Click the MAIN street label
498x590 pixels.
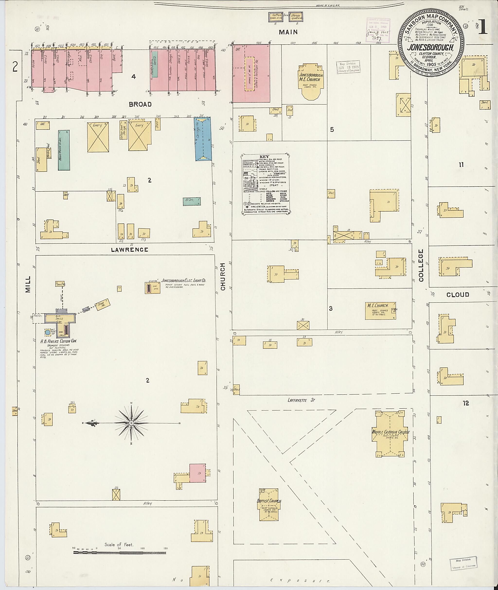point(288,32)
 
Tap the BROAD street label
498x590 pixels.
point(140,104)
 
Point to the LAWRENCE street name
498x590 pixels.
point(130,250)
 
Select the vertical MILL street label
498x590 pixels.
point(28,284)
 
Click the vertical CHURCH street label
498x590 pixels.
point(223,277)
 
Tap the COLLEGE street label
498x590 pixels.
point(421,265)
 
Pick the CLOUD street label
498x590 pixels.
point(458,295)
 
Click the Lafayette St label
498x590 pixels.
point(301,400)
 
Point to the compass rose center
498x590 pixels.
point(131,423)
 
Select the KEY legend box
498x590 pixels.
point(265,184)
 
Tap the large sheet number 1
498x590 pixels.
point(483,28)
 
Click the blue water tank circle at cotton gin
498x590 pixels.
point(48,333)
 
